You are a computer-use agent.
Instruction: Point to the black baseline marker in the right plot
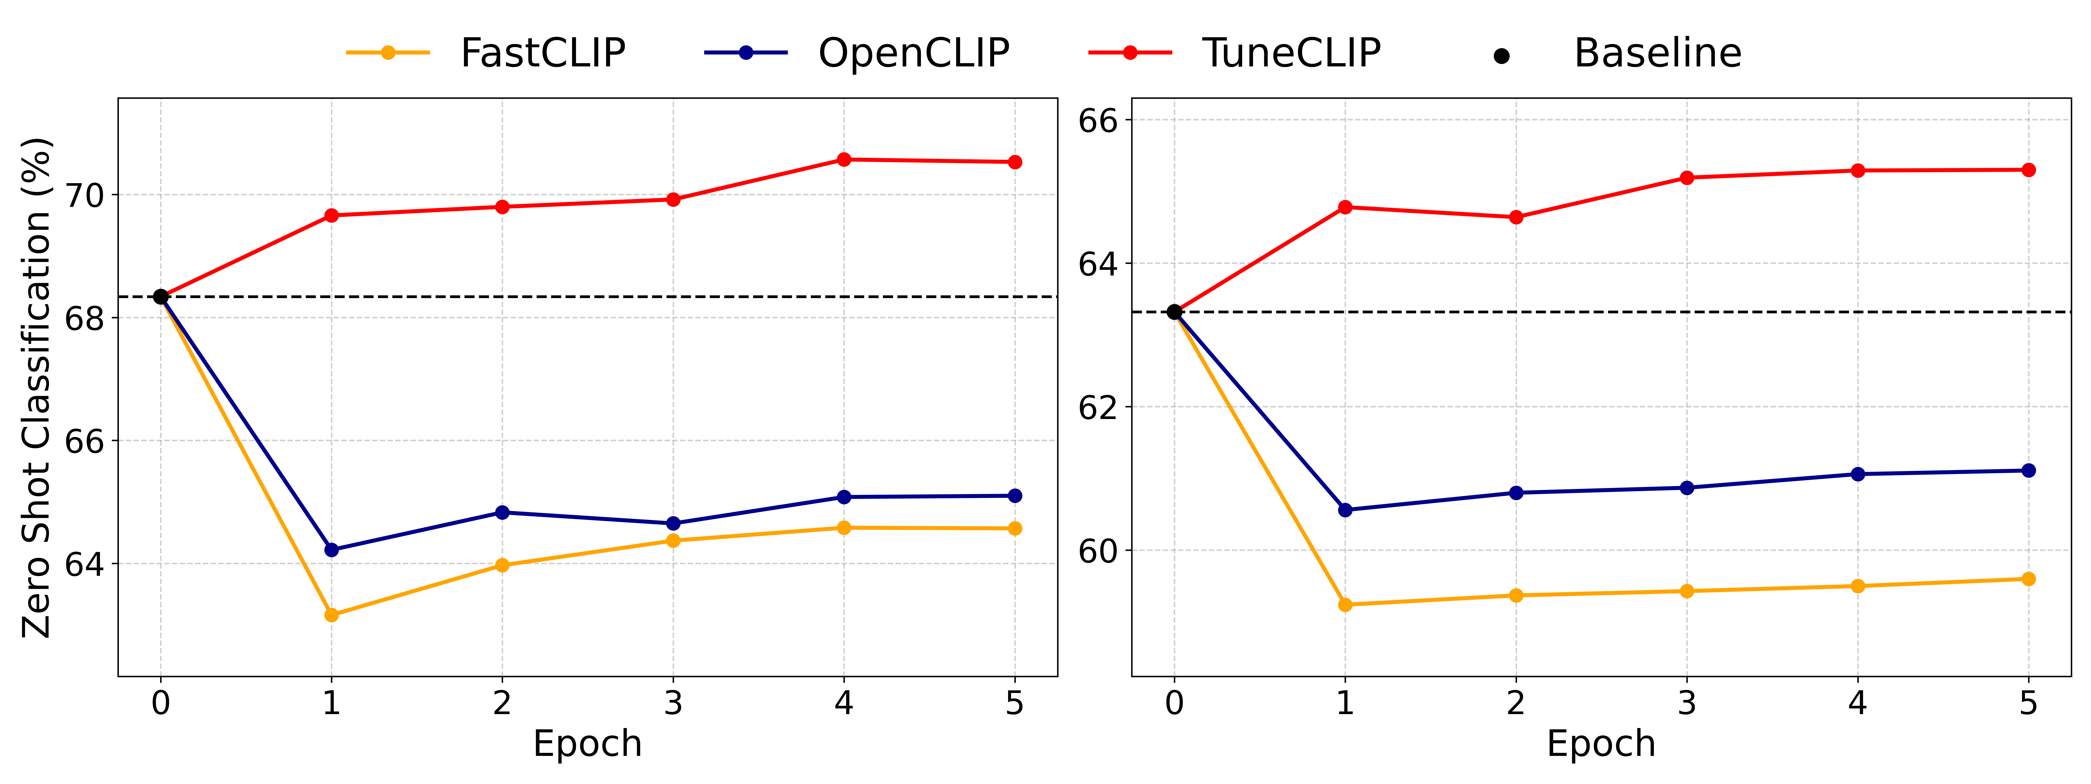[x=1175, y=312]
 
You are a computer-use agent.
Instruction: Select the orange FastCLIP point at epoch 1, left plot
[x=331, y=615]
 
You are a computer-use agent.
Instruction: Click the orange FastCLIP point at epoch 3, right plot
[x=1687, y=591]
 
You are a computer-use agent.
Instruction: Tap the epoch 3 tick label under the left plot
[x=673, y=703]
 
